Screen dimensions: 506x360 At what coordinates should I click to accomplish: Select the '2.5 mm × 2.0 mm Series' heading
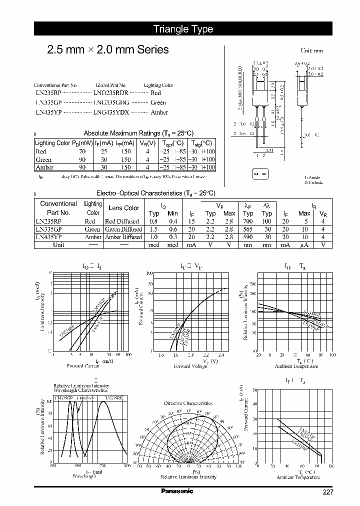pos(107,49)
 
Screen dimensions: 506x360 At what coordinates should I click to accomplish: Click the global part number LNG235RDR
pos(111,93)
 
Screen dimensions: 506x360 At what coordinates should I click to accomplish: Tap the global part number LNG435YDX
pos(111,112)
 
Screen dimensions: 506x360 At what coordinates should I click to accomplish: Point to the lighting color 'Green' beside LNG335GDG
pos(158,103)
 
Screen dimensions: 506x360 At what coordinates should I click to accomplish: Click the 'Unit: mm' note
pos(311,50)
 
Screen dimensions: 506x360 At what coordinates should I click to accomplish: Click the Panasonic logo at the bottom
pos(177,491)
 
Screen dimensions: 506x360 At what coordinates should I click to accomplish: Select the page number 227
pos(327,492)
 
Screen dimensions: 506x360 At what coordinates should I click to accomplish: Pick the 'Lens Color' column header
pos(123,208)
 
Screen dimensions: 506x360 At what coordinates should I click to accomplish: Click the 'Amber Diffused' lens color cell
pos(123,237)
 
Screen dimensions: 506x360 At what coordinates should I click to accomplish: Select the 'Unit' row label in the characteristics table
pos(58,245)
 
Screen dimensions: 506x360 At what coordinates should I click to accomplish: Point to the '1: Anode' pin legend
pos(313,177)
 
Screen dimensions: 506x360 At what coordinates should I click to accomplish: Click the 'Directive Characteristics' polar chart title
pos(188,403)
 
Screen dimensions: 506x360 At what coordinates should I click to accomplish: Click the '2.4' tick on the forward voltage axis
pos(221,355)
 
